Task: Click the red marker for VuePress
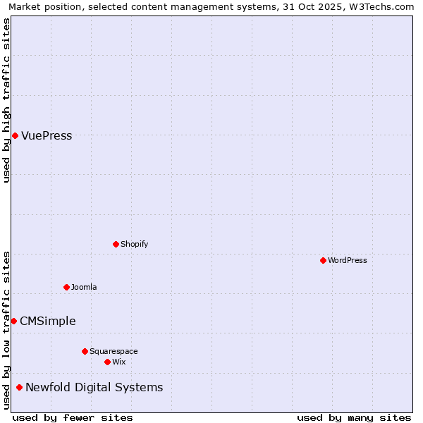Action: click(15, 135)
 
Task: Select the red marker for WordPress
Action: click(323, 260)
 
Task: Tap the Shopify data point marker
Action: click(116, 244)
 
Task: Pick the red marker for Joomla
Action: click(66, 287)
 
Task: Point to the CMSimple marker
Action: click(13, 321)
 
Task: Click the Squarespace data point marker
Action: click(85, 351)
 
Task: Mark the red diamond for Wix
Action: click(107, 362)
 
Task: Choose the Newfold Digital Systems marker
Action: click(19, 387)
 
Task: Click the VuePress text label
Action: click(47, 136)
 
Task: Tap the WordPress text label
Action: click(348, 261)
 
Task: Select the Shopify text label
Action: click(135, 245)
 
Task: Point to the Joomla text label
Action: click(84, 288)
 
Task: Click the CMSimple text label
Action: click(48, 321)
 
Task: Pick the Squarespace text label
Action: click(114, 352)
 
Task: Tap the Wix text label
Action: click(119, 362)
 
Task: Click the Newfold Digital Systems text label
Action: click(94, 388)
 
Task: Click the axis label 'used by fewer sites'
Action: click(73, 418)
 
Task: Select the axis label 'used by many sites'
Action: click(354, 418)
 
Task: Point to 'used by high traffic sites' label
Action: click(7, 100)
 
